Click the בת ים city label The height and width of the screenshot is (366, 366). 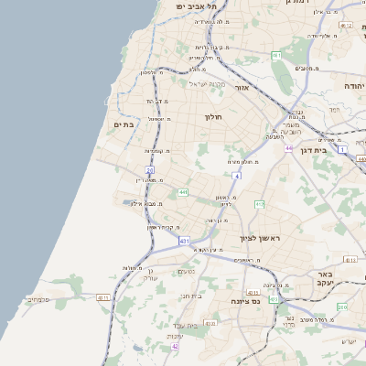[x=124, y=124]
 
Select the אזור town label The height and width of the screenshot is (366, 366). [x=242, y=88]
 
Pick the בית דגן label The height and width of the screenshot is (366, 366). [x=315, y=149]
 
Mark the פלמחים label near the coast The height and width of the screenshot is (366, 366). [x=38, y=299]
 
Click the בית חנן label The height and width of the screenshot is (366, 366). [x=191, y=296]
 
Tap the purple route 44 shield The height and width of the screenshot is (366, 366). [x=288, y=147]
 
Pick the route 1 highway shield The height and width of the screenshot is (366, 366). [x=342, y=148]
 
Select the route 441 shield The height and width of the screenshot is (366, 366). [x=183, y=192]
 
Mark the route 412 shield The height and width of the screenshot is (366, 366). [x=259, y=204]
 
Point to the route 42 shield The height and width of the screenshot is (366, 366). [x=175, y=347]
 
